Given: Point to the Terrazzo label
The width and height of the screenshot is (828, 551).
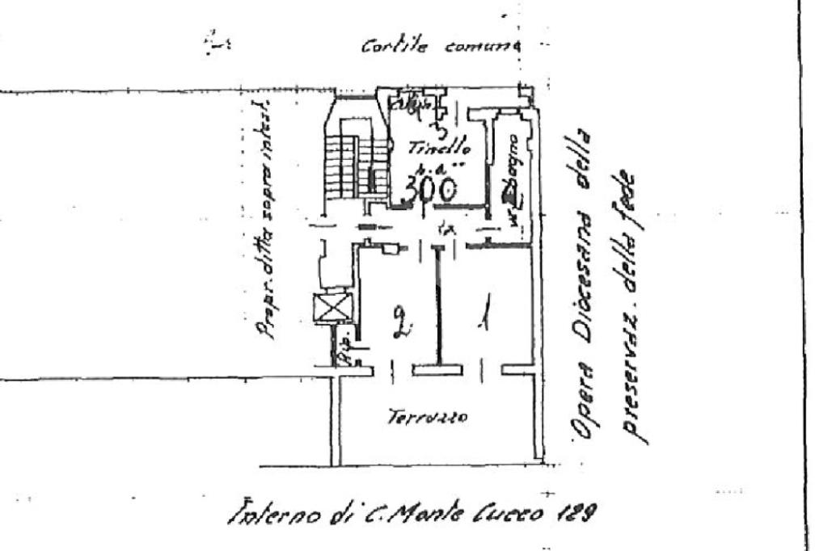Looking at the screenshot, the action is point(419,418).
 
